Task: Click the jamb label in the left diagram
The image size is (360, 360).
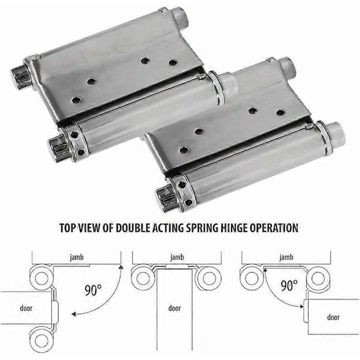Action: tap(77, 257)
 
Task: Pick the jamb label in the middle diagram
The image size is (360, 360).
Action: tap(177, 257)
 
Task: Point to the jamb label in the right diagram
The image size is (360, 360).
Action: tap(286, 257)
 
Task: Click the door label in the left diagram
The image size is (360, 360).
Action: tap(26, 308)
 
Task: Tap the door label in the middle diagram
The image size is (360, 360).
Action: tap(175, 308)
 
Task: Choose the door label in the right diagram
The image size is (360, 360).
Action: tap(334, 317)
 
